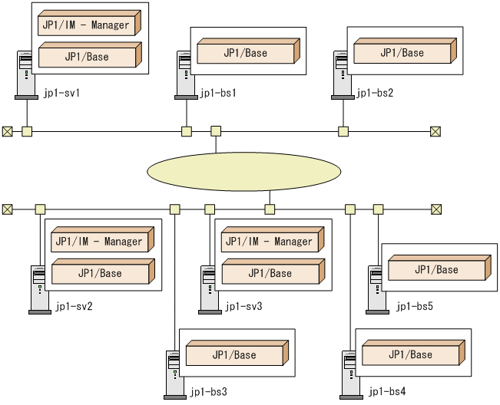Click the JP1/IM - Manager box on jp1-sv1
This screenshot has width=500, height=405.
tap(87, 25)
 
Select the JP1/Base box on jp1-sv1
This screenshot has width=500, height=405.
tap(87, 56)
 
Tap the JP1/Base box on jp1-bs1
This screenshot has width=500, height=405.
tap(246, 53)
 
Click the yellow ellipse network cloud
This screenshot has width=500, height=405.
tap(243, 171)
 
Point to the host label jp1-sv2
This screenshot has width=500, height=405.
tap(74, 307)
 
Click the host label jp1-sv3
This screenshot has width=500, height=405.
tap(243, 307)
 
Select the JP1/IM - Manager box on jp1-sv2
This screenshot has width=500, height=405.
tap(100, 241)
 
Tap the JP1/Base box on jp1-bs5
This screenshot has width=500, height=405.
tap(436, 269)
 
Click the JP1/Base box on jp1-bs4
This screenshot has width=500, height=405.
tap(411, 354)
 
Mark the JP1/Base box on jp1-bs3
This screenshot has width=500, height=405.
tap(234, 355)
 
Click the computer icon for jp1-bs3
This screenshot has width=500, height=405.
tap(175, 375)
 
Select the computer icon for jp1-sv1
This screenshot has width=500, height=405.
tap(26, 75)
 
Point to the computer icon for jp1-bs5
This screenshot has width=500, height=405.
tap(376, 290)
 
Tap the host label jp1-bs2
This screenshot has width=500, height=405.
tap(375, 94)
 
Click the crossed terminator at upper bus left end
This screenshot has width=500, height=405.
tap(8, 131)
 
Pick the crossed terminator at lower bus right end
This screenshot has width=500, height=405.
tap(436, 209)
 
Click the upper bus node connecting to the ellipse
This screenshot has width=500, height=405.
tap(216, 131)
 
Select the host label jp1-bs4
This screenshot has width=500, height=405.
tap(386, 392)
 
